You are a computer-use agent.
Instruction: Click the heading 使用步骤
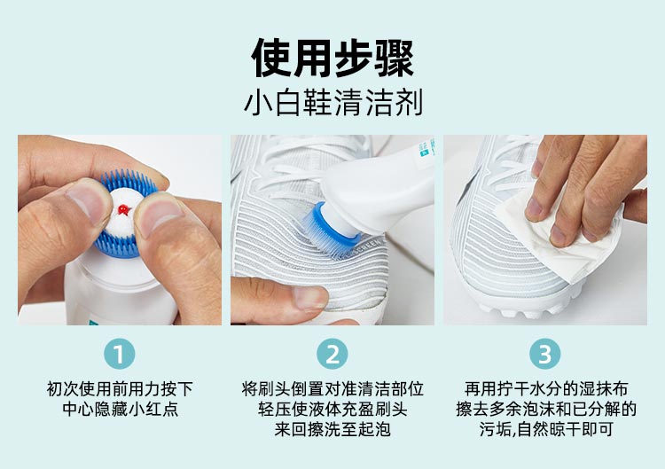coord(332,58)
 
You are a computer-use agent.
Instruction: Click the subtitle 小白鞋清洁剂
coord(333,103)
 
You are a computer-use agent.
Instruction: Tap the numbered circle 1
coord(119,354)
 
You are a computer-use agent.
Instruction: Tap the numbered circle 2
coord(332,354)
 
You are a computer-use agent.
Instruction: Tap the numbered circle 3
coord(545,354)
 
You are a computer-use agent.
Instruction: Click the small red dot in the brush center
coord(123,209)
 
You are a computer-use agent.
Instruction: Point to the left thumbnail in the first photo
coord(88,204)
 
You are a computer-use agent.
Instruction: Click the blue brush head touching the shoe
coord(331,229)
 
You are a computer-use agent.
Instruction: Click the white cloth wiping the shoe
coord(559,238)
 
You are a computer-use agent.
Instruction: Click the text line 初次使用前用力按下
coord(120,389)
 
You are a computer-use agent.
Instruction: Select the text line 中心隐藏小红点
coord(120,409)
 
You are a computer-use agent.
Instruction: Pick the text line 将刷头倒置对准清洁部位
coord(332,389)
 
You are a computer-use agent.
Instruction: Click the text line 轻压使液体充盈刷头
coord(332,409)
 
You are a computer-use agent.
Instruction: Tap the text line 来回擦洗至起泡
coord(332,429)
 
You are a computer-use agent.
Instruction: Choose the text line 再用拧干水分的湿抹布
coord(546,389)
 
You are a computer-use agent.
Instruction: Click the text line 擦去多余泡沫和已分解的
coord(546,409)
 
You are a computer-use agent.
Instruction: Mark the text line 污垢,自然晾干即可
coord(546,429)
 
